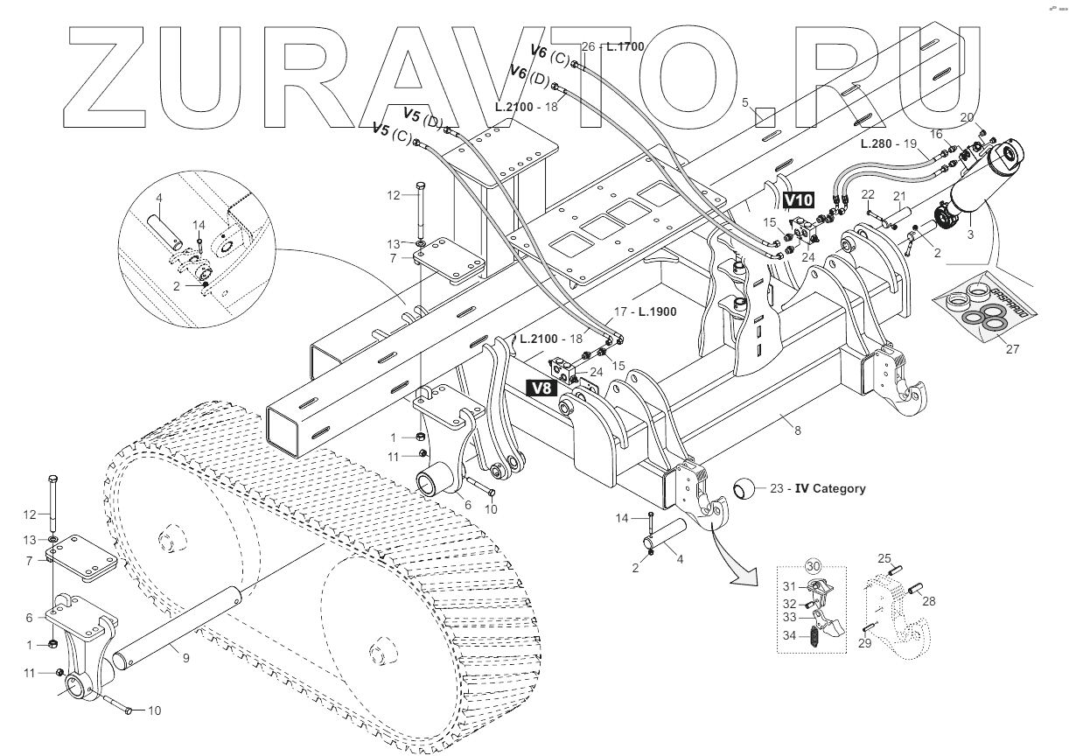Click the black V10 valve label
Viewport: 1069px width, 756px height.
pos(798,200)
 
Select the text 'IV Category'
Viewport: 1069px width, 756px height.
pos(830,488)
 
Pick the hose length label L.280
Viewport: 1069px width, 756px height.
pos(875,143)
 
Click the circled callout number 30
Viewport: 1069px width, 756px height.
pos(814,566)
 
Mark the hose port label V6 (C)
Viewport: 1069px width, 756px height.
pos(550,55)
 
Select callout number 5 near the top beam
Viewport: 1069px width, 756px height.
pos(745,102)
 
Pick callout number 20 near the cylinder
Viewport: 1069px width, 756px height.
pos(967,116)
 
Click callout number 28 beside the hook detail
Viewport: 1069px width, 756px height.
pos(928,600)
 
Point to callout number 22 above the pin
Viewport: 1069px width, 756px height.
pos(868,194)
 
